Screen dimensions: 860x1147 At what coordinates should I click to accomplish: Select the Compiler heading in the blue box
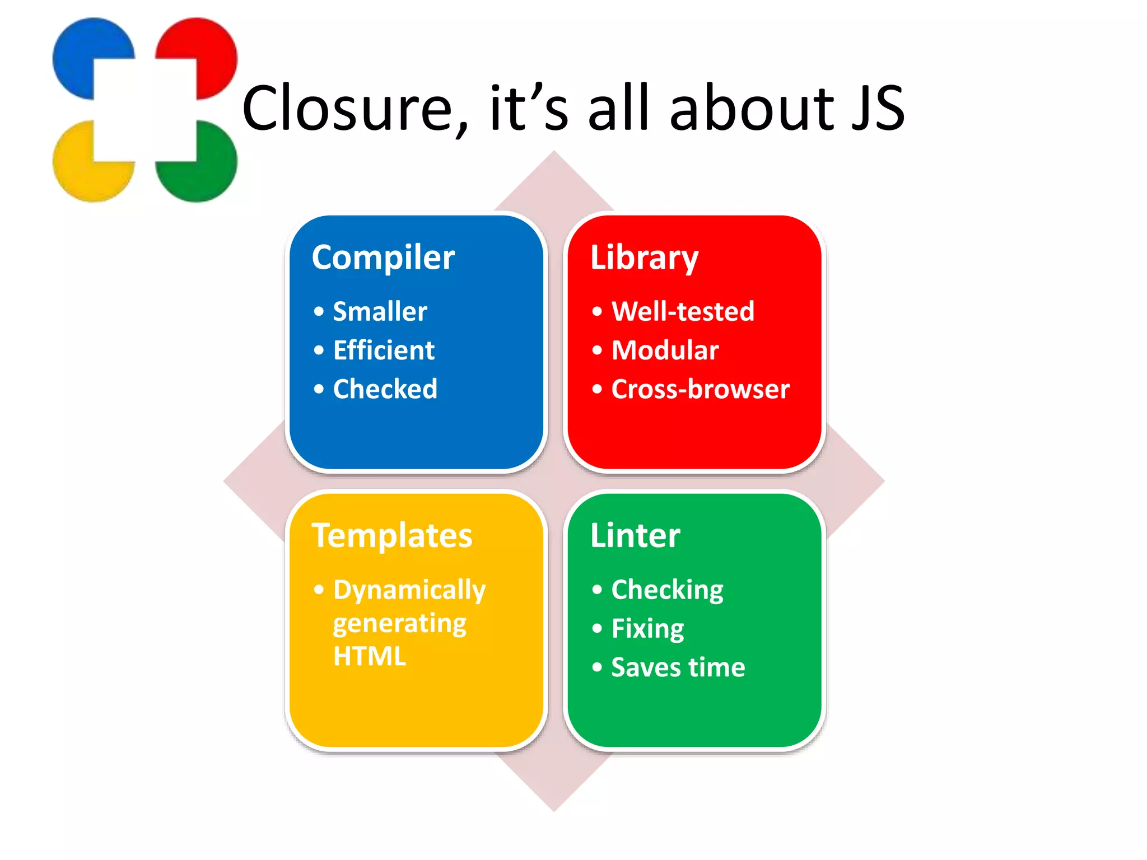[x=383, y=258]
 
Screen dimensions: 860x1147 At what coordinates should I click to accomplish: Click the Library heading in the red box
[x=644, y=258]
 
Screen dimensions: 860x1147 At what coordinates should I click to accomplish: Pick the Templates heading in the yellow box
[x=392, y=536]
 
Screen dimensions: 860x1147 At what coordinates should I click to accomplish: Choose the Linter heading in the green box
[x=635, y=536]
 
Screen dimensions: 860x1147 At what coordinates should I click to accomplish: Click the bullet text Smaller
[x=380, y=311]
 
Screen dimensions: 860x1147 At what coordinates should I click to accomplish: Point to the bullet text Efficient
[x=384, y=350]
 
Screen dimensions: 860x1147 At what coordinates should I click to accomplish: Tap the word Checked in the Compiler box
[x=385, y=389]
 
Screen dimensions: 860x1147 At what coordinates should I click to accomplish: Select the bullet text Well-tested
[x=683, y=311]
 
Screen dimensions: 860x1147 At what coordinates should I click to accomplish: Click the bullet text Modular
[x=665, y=350]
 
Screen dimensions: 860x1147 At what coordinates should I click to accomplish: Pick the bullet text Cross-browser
[x=700, y=389]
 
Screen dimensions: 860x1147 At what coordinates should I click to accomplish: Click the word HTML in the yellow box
[x=369, y=656]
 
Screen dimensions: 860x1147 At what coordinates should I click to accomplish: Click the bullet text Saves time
[x=678, y=667]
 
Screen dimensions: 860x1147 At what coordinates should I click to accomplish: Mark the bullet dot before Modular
[x=597, y=350]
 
